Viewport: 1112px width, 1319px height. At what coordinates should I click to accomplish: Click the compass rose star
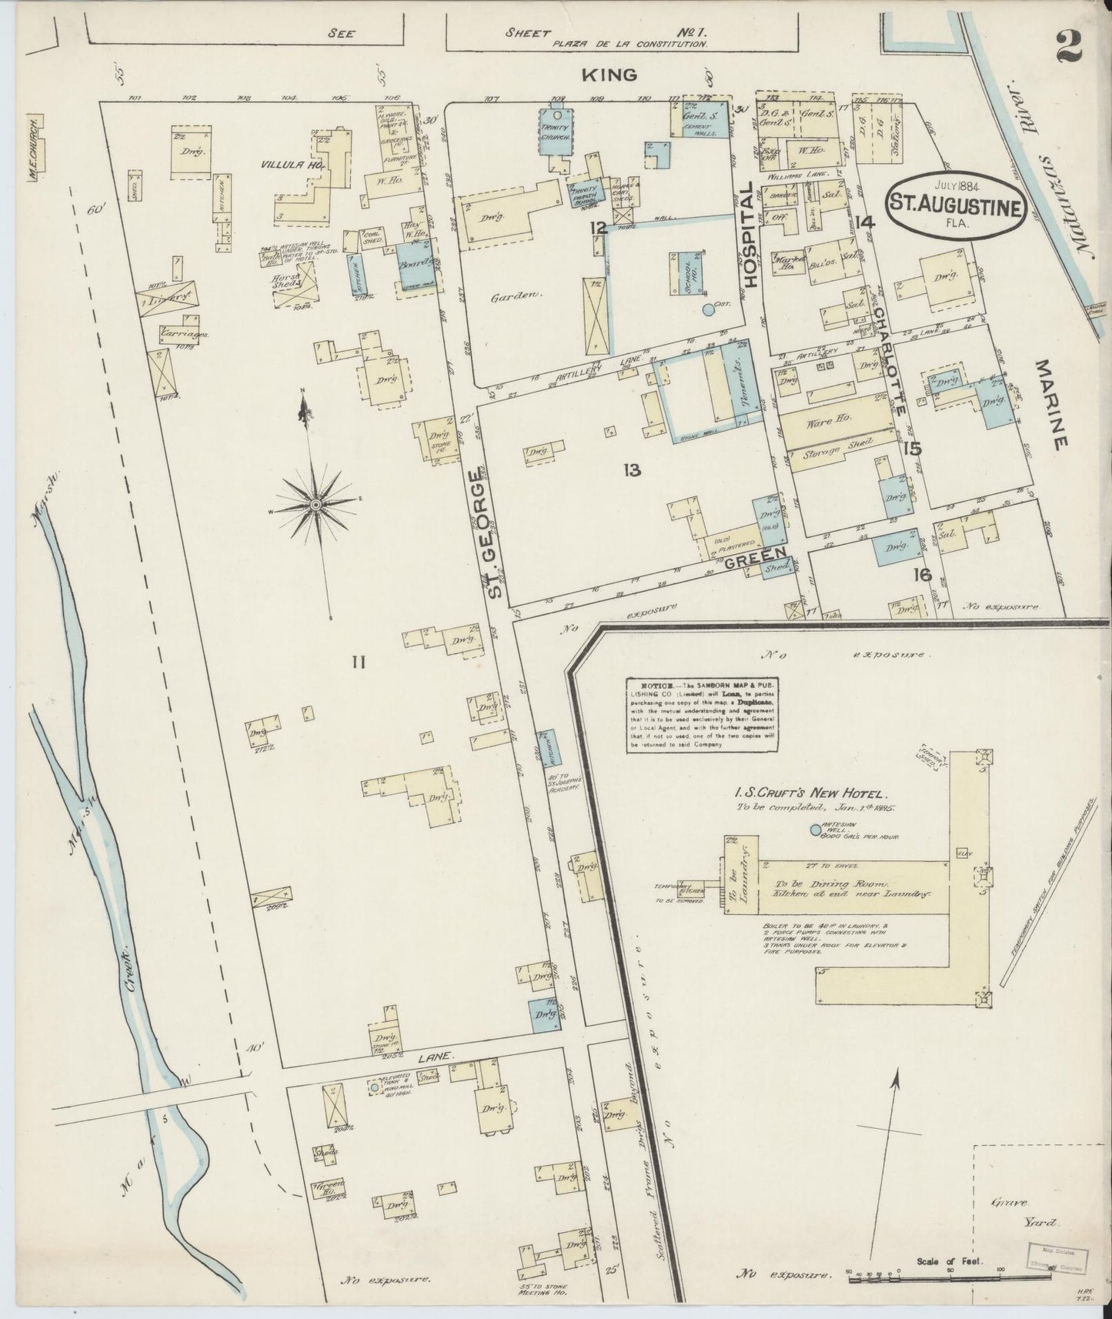click(316, 504)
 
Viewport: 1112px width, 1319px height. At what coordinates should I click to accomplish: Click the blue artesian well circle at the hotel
click(816, 830)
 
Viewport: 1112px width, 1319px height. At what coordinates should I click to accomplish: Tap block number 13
click(633, 470)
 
